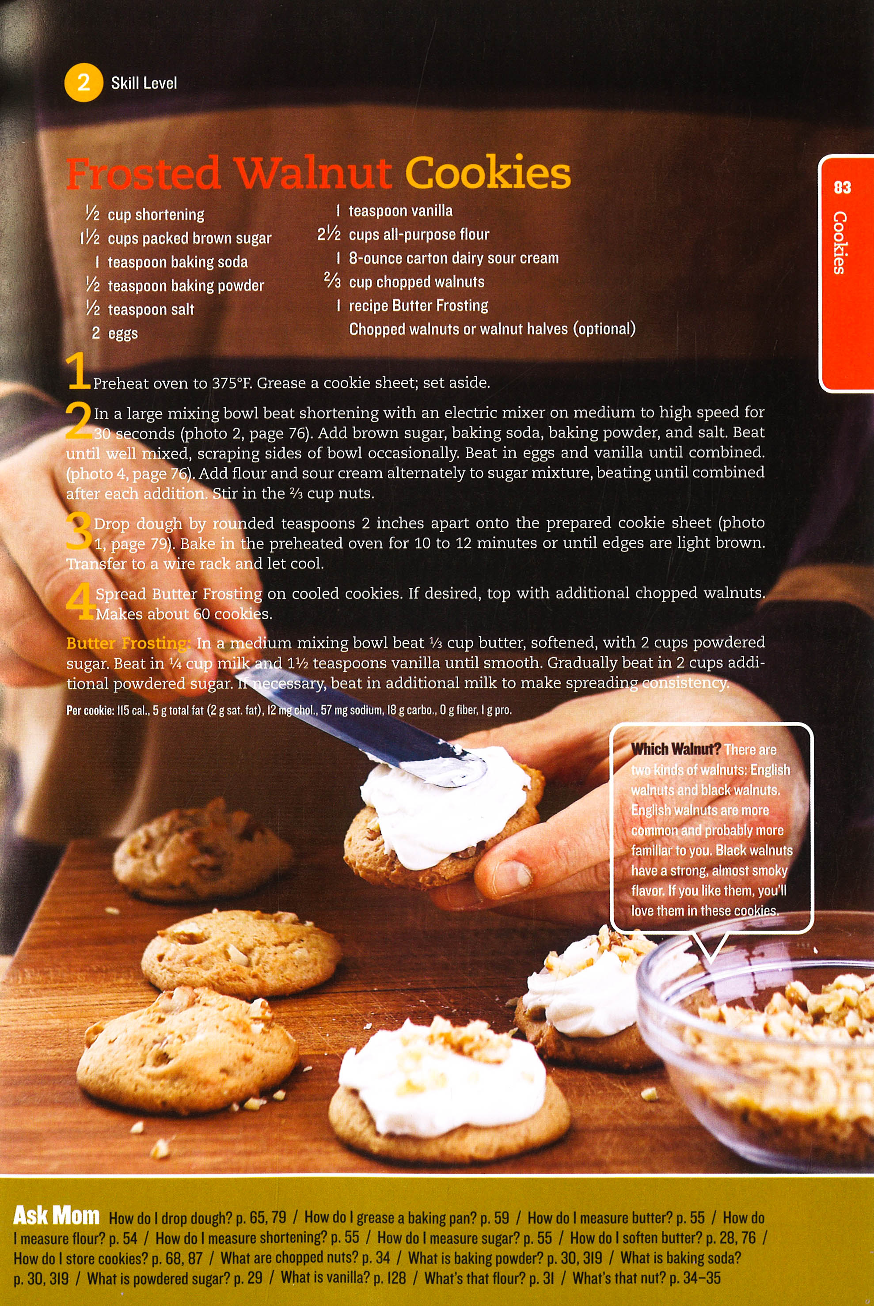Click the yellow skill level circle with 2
click(84, 83)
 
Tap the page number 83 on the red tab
click(842, 187)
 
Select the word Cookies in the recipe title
click(488, 172)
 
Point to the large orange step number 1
click(77, 371)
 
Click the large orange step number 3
click(79, 530)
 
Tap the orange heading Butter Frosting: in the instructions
click(128, 643)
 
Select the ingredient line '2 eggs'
click(115, 333)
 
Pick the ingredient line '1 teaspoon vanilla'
click(395, 211)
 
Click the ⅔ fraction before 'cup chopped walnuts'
click(332, 280)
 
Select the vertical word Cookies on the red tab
click(840, 242)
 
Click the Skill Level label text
click(144, 83)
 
